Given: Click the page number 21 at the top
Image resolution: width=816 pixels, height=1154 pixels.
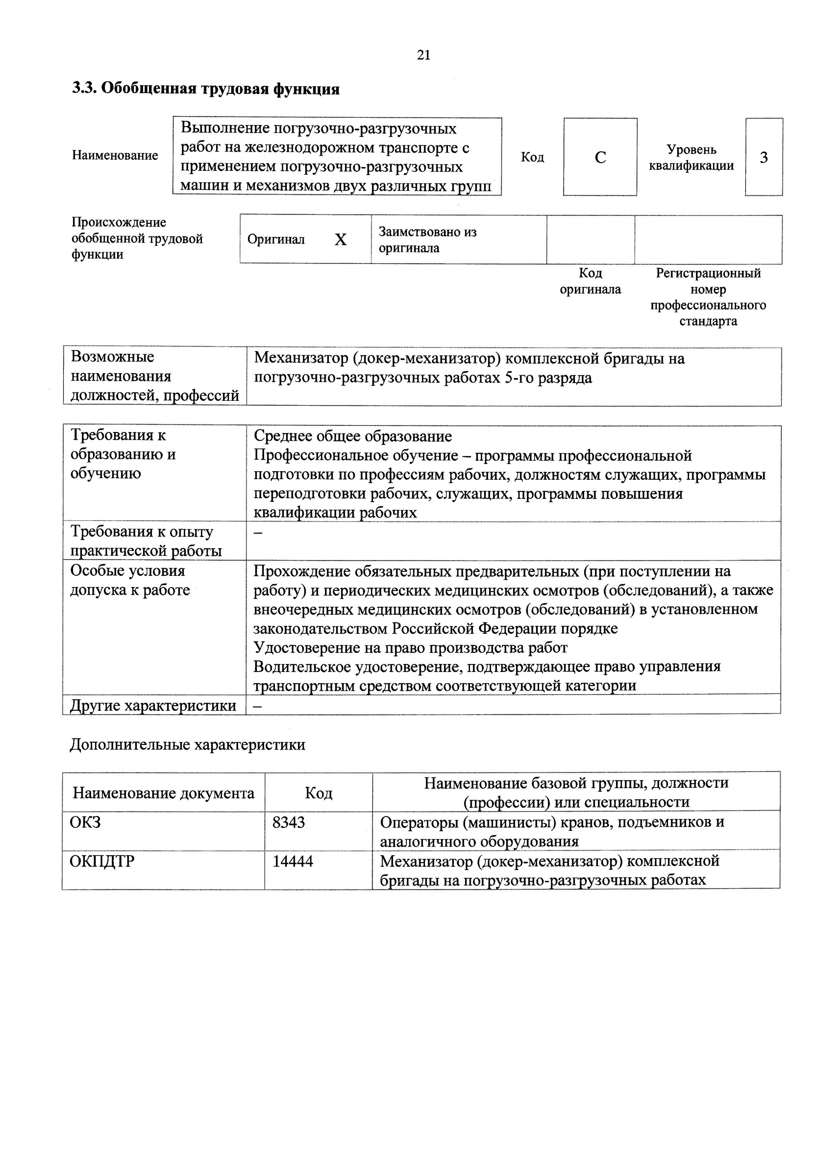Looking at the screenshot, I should point(424,55).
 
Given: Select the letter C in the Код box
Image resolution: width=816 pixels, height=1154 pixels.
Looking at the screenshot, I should point(600,157).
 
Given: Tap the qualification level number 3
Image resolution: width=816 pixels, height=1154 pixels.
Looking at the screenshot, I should point(763,157).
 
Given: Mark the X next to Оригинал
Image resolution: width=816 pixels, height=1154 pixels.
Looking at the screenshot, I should point(341,240).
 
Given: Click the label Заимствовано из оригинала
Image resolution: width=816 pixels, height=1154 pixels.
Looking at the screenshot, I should point(427,240).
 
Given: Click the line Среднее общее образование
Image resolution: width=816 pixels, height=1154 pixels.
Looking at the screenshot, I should point(352,436).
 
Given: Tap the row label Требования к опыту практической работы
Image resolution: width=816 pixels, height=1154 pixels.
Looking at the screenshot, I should point(146,541).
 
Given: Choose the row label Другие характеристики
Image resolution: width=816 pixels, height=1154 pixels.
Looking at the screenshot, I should point(153,705).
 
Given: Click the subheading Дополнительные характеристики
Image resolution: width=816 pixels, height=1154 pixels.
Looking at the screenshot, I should point(187,744).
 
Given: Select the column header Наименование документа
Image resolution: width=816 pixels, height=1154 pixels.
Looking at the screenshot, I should point(163,793).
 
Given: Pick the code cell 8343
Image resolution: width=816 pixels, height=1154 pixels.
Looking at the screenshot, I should point(288,822).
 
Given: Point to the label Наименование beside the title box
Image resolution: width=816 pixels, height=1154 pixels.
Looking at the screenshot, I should point(115,155).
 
